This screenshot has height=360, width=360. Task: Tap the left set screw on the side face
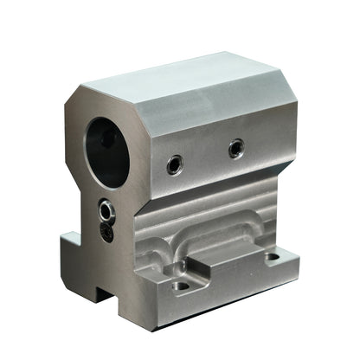pyautogui.click(x=175, y=163)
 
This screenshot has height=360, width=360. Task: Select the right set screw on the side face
pyautogui.click(x=235, y=149)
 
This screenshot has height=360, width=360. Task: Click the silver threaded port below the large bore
pyautogui.click(x=106, y=210)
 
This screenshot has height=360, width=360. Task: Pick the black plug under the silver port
pyautogui.click(x=106, y=231)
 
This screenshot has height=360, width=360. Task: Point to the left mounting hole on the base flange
pyautogui.click(x=181, y=285)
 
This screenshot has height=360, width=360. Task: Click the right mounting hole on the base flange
pyautogui.click(x=272, y=256)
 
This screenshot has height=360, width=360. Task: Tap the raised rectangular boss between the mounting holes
pyautogui.click(x=228, y=259)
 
